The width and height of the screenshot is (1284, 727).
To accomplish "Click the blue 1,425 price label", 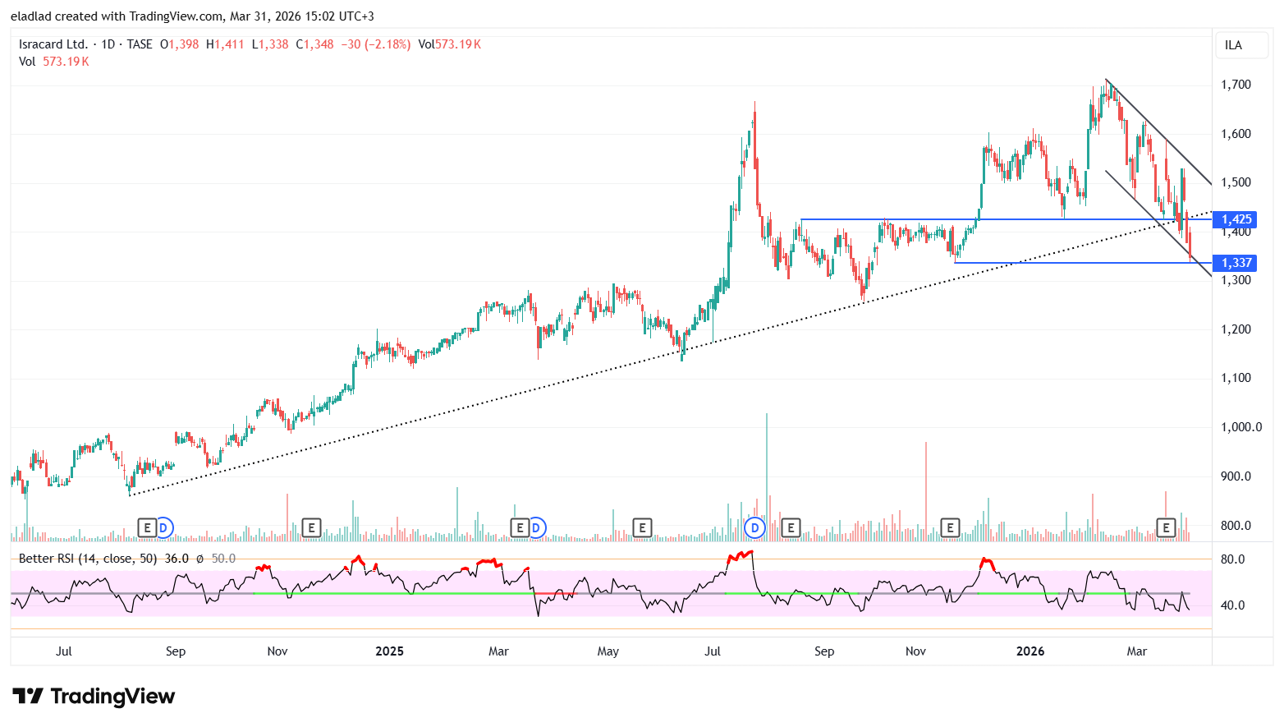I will [x=1236, y=219].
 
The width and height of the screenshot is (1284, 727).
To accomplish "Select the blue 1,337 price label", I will [x=1236, y=263].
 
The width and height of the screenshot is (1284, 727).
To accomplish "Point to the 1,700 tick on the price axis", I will [x=1236, y=85].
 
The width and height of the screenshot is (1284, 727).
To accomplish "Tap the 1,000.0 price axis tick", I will [x=1241, y=427].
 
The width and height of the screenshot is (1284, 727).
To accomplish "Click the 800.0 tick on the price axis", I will [x=1236, y=526].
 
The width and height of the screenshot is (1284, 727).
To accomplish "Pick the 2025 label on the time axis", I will [x=389, y=651].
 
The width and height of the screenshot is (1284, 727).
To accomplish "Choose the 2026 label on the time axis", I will [x=1030, y=651].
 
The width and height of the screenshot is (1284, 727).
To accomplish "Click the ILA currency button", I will [x=1233, y=45].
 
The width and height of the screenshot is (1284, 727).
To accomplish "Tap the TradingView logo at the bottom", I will [x=94, y=697].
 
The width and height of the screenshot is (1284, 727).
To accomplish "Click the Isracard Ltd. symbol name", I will [x=53, y=44].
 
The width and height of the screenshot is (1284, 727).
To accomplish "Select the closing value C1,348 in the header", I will [x=314, y=44].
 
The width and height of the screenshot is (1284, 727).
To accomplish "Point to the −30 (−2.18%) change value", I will [x=375, y=44].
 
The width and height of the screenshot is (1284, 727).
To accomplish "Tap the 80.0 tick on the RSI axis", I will [x=1232, y=559].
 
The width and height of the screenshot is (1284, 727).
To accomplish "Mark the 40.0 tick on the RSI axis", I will [x=1232, y=605].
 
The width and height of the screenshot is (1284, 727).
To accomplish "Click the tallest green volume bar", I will [x=767, y=476].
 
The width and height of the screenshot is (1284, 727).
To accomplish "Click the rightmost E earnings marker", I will [x=1165, y=527].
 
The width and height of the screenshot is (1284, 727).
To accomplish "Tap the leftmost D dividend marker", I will [x=163, y=527].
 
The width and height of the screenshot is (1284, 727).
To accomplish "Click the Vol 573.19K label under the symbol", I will [x=54, y=62].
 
